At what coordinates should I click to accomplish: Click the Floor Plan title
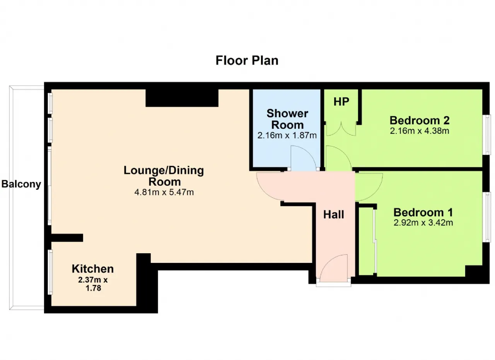pyautogui.click(x=247, y=61)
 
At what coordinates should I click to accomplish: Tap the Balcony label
pyautogui.click(x=21, y=184)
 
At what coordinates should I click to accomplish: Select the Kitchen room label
pyautogui.click(x=93, y=269)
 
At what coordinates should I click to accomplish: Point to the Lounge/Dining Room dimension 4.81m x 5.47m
pyautogui.click(x=164, y=192)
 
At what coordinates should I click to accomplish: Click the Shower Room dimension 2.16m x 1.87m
pyautogui.click(x=287, y=135)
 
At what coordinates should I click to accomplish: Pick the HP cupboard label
pyautogui.click(x=341, y=102)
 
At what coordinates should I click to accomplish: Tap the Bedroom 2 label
pyautogui.click(x=420, y=120)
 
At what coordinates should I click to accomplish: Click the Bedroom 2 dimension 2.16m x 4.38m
pyautogui.click(x=420, y=131)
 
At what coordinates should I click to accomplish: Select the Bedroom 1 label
pyautogui.click(x=423, y=212)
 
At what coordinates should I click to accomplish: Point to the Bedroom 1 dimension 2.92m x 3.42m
pyautogui.click(x=423, y=223)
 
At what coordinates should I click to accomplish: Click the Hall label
pyautogui.click(x=334, y=215)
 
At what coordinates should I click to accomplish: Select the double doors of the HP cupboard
pyautogui.click(x=341, y=129)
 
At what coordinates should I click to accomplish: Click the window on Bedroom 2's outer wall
pyautogui.click(x=486, y=135)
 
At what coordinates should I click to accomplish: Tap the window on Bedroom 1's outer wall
pyautogui.click(x=486, y=217)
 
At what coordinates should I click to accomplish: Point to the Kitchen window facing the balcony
pyautogui.click(x=50, y=272)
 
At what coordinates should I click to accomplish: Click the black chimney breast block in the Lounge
pyautogui.click(x=182, y=98)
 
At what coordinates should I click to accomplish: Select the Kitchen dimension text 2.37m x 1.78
pyautogui.click(x=93, y=284)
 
